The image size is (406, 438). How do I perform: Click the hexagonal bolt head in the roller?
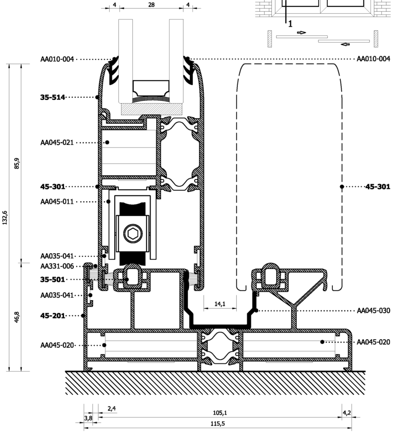[133, 233]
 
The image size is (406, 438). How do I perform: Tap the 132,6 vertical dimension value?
[5, 218]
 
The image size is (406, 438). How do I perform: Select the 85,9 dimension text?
[17, 163]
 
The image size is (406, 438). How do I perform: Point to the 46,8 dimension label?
[17, 317]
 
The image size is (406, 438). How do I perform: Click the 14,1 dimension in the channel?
[219, 304]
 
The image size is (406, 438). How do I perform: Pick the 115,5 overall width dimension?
[218, 424]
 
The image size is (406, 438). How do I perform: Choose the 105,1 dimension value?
[220, 413]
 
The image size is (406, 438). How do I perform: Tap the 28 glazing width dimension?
[151, 5]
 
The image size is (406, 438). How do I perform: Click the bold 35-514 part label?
[53, 97]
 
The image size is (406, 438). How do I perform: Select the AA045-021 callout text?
[57, 142]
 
